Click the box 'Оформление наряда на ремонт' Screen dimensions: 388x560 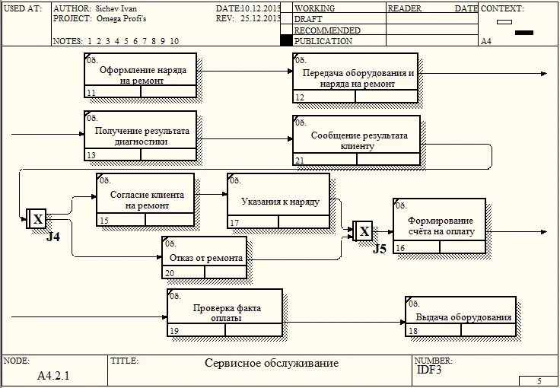pos(140,75)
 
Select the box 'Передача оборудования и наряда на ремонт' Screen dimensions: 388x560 pos(355,78)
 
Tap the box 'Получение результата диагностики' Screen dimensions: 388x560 pos(140,135)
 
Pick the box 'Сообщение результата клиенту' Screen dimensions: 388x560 pos(355,141)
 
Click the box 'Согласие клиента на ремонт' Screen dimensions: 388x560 pos(145,199)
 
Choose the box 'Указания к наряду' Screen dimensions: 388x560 pos(278,201)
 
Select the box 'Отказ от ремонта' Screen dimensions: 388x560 pos(205,258)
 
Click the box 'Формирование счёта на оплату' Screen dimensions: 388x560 pos(439,225)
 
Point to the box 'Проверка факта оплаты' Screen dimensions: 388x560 pos(224,313)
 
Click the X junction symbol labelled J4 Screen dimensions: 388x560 pos(37,219)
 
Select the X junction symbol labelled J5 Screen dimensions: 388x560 pos(364,231)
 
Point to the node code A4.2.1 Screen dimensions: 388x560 pos(53,375)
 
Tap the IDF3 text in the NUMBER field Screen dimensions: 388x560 pos(429,370)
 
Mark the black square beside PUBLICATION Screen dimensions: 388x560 pos(286,40)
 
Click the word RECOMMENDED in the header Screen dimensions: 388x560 pos(327,30)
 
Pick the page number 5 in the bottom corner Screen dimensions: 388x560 pos(539,380)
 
